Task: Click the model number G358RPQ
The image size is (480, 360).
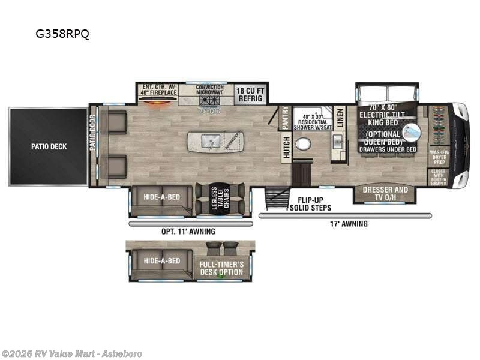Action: (62, 34)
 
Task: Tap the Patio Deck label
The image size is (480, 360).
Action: (49, 146)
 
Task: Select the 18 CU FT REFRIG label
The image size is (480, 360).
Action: (250, 94)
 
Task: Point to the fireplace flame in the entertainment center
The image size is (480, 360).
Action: (158, 102)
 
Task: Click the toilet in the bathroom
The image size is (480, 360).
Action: (305, 145)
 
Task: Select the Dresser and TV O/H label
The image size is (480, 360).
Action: (385, 193)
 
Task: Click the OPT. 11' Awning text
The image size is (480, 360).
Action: (189, 231)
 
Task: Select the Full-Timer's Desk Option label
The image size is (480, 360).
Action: (221, 268)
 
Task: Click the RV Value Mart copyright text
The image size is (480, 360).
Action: (72, 353)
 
